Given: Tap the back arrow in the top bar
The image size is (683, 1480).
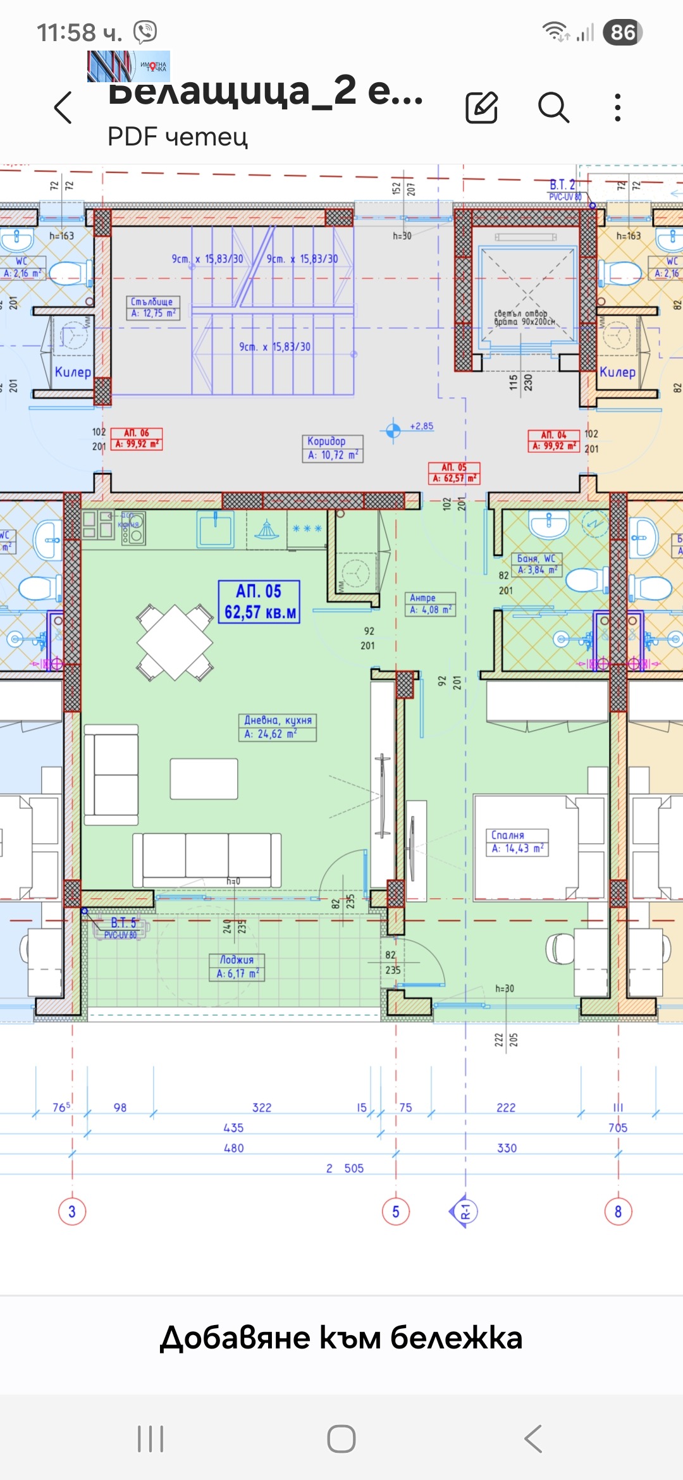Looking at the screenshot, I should tap(63, 108).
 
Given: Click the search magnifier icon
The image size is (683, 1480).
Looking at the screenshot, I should tap(553, 107).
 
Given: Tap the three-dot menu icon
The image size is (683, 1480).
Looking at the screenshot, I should tap(618, 108).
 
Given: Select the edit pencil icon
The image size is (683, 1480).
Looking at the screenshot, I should tap(482, 107).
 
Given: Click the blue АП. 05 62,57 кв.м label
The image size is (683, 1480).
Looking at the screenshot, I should tap(259, 602).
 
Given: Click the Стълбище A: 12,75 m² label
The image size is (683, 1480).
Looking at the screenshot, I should tap(153, 307).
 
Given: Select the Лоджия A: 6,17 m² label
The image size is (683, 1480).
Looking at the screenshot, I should tap(237, 967).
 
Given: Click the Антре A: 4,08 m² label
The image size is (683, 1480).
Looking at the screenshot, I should tap(430, 603).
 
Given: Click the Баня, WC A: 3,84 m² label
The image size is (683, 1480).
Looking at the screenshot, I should tap(536, 564).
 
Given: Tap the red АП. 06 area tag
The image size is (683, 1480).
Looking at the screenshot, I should tap(137, 439).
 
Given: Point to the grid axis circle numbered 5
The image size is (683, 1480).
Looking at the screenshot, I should tap(396, 1212).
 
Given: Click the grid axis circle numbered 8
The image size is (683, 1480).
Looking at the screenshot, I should tap(618, 1212).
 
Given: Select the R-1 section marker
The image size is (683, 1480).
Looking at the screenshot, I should tap(464, 1212).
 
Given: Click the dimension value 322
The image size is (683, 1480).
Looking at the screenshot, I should tap(262, 1107).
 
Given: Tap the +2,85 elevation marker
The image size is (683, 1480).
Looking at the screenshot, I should tap(393, 430).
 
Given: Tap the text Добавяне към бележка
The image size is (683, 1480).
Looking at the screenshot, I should tap(341, 1338).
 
